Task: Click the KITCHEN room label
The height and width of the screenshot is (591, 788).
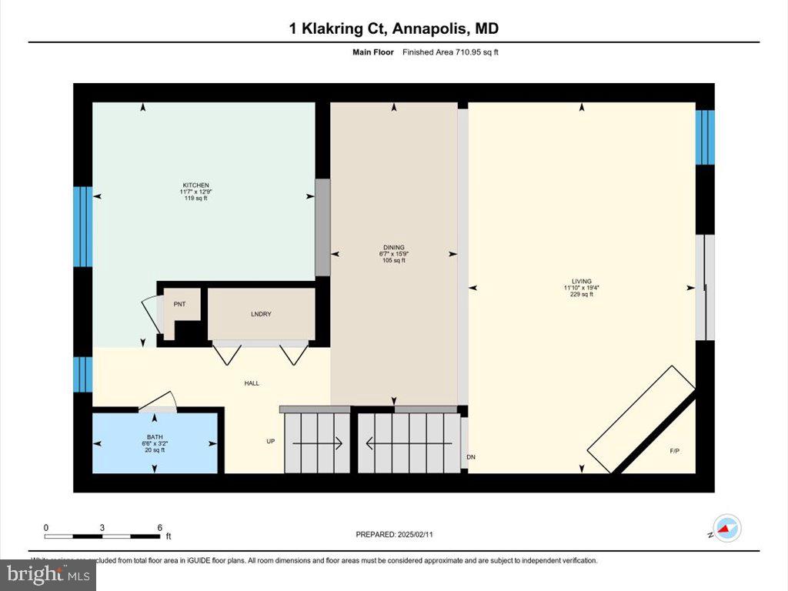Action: [x=195, y=185]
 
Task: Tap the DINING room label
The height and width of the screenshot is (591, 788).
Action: [x=394, y=248]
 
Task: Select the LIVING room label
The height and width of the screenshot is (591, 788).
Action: [x=581, y=282]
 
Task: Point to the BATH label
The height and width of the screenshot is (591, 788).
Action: [x=155, y=438]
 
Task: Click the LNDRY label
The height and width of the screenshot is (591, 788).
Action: [x=261, y=315]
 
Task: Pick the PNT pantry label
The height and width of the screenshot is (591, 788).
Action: [x=179, y=305]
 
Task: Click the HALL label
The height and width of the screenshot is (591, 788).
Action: [x=252, y=382]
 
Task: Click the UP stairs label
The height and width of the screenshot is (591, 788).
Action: [x=270, y=442]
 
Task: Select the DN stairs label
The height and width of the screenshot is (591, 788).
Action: [x=471, y=457]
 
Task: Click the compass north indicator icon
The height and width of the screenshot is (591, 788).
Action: [x=726, y=529]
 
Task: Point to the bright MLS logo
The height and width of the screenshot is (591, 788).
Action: [x=48, y=574]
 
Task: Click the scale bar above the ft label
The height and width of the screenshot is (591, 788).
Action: [x=102, y=535]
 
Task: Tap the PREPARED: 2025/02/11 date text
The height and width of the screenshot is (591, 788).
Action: [x=399, y=534]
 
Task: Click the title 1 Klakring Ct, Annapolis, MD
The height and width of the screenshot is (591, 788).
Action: [x=393, y=28]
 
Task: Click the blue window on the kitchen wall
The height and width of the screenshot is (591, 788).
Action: [x=82, y=226]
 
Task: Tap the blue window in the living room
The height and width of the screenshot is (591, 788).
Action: [x=705, y=137]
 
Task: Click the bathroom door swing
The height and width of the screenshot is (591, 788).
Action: [x=160, y=400]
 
